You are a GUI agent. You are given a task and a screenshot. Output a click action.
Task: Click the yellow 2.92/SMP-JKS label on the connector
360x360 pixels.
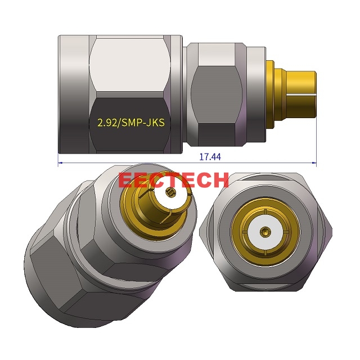(131, 122)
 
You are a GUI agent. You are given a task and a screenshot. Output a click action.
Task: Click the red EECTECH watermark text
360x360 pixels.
(174, 180)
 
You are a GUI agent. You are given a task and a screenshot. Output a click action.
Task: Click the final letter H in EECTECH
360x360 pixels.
(219, 180)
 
